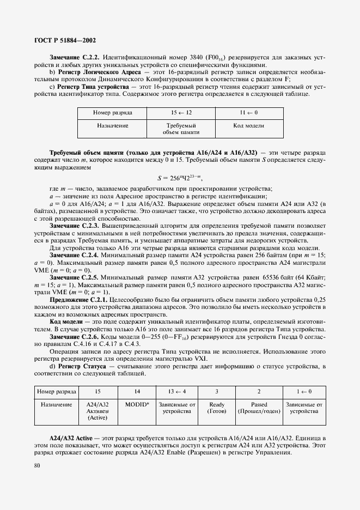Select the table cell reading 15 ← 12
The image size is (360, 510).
point(182,112)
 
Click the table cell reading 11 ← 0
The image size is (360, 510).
point(249,112)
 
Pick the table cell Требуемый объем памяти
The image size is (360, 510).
point(182,129)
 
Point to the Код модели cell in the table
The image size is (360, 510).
point(249,125)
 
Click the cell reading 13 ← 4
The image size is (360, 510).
point(175,391)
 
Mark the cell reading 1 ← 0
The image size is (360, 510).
point(304,391)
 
